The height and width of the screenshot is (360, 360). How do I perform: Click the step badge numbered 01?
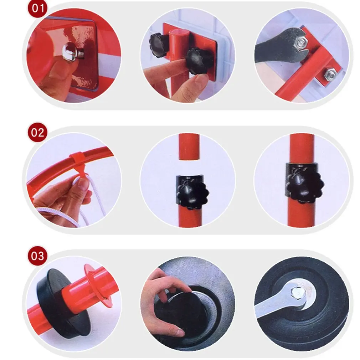(x=38, y=9)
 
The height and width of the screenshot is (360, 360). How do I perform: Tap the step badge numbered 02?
(x=38, y=133)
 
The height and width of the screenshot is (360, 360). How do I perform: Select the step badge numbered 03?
(x=38, y=256)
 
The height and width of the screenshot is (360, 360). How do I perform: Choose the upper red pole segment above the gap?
(x=189, y=147)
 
